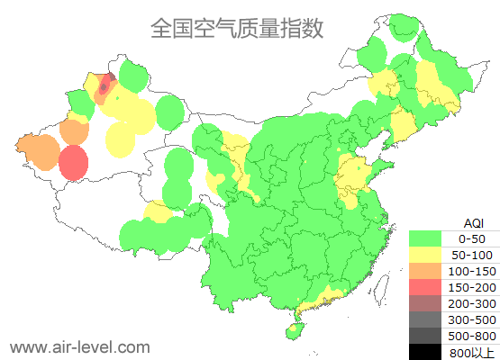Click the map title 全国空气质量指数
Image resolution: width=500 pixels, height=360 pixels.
click(x=237, y=29)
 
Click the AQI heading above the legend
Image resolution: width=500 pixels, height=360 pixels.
click(x=473, y=222)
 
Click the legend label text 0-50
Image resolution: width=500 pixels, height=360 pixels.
click(x=473, y=238)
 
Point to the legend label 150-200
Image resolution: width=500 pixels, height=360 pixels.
click(x=473, y=287)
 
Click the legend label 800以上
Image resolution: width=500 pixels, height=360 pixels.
click(x=473, y=351)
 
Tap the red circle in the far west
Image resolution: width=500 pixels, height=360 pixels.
click(x=74, y=163)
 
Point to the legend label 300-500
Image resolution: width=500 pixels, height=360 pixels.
click(x=473, y=319)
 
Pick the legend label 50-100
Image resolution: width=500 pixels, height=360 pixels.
click(x=473, y=255)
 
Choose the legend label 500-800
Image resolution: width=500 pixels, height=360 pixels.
click(x=473, y=336)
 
